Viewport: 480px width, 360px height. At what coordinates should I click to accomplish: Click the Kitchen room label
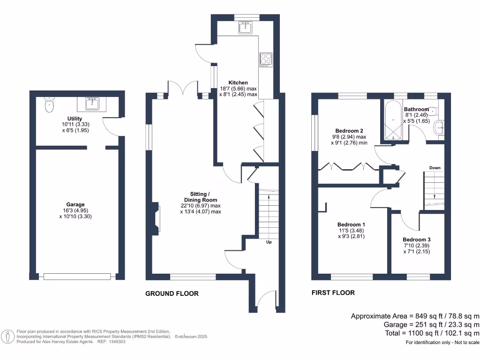coord(238,82)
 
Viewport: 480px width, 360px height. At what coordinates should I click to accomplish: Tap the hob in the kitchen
coord(266,60)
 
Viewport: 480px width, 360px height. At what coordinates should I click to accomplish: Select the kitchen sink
coord(245,28)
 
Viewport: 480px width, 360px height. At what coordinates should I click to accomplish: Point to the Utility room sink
coord(91,104)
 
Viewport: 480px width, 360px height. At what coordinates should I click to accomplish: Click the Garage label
coord(75,204)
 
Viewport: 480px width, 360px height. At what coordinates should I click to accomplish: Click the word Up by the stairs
coord(269,242)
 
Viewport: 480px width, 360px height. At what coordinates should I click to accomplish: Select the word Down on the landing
coord(435,167)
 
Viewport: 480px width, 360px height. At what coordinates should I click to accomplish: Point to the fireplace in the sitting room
coord(156,219)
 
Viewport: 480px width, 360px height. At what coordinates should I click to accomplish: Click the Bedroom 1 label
coord(351,225)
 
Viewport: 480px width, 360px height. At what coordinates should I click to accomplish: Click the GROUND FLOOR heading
coord(172,293)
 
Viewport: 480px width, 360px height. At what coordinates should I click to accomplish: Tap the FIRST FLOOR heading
coord(333,292)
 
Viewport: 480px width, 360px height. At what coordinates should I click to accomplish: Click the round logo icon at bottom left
coord(7,337)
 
